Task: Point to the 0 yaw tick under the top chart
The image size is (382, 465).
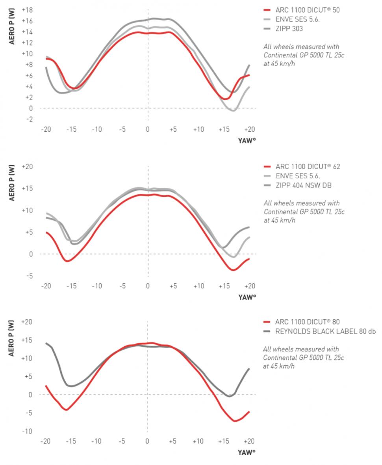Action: point(148,130)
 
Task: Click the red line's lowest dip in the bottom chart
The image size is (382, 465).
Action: point(235,421)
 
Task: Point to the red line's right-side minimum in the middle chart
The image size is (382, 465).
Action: point(233,270)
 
